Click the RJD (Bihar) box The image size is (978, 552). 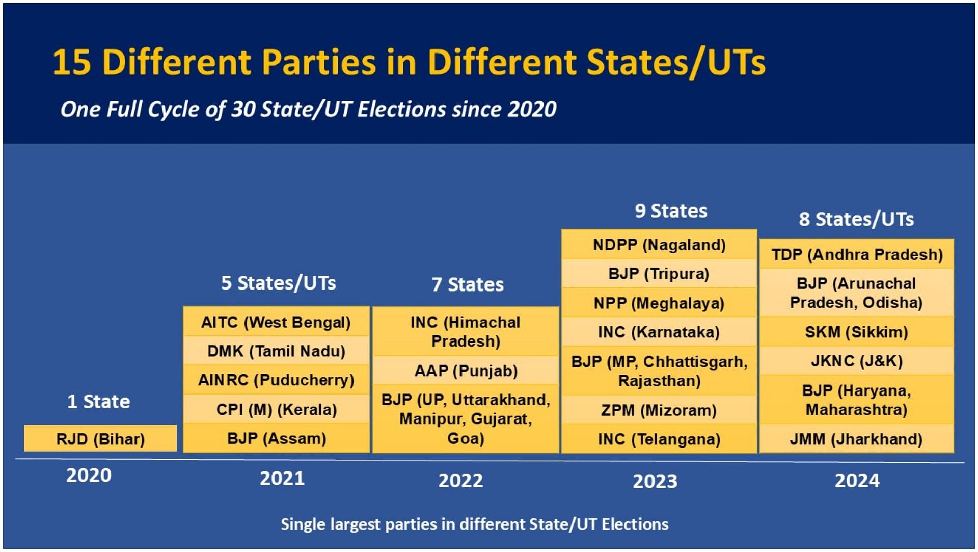[100, 438]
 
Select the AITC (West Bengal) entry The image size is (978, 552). [276, 322]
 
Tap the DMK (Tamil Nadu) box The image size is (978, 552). [276, 351]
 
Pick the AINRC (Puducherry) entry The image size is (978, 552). [276, 380]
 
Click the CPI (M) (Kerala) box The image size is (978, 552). [276, 409]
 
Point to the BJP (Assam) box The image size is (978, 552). [276, 438]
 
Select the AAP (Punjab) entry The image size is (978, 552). [466, 370]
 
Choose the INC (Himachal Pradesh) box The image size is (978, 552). [466, 331]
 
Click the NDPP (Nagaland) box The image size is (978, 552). [659, 245]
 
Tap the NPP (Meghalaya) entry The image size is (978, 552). [659, 303]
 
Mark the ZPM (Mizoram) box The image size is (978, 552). [659, 410]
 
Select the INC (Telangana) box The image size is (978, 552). [659, 439]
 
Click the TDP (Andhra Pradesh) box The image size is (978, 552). [857, 254]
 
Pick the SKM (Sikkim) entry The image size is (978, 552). [857, 332]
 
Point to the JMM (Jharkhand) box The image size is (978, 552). [857, 439]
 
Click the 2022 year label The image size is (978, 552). [460, 480]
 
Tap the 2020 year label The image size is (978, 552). [89, 475]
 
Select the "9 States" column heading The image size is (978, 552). [671, 211]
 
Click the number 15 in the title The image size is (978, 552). [72, 62]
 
